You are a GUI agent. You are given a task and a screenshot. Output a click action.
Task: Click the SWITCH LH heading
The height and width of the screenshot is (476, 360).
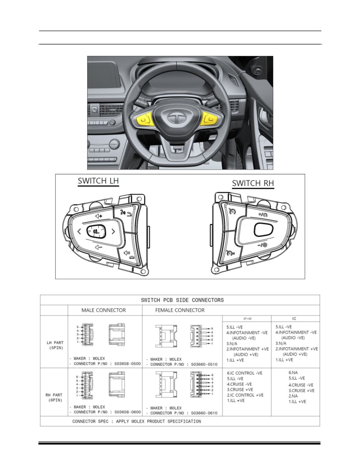coord(98,181)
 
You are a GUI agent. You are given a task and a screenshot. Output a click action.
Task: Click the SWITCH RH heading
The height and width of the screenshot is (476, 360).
coord(253,183)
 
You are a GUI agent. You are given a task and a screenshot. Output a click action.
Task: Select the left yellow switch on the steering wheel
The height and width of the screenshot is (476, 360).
coord(145,119)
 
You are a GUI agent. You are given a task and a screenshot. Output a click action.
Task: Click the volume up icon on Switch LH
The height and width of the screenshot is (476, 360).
coord(99,216)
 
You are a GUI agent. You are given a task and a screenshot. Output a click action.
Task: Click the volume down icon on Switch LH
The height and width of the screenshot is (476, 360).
coord(99,247)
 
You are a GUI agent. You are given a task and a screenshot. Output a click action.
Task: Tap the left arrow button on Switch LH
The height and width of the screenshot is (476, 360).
coord(79,231)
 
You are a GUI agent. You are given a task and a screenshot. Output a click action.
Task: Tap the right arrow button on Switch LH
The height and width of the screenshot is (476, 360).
coord(113,232)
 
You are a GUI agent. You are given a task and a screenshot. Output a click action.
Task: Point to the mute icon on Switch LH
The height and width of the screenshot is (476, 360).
coord(127,253)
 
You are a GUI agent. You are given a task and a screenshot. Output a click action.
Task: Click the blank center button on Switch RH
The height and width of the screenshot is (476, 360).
coord(263,230)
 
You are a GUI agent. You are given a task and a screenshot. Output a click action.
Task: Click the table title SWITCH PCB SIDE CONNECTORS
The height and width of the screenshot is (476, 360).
coord(182,300)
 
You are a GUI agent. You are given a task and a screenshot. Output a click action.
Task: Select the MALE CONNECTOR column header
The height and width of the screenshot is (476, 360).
coord(103,310)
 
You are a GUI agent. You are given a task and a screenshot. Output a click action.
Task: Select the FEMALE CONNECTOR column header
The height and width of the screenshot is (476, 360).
coord(180,310)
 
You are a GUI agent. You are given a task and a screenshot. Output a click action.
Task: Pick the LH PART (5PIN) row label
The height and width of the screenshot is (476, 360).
coord(55,345)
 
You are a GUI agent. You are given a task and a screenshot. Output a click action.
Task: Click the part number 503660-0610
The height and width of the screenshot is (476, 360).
coord(204,413)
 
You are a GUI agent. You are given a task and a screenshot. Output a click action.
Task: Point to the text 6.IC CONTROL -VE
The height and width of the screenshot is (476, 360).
coord(244,373)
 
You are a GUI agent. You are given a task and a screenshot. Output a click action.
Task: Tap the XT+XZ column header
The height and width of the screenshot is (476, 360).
coord(247,319)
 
